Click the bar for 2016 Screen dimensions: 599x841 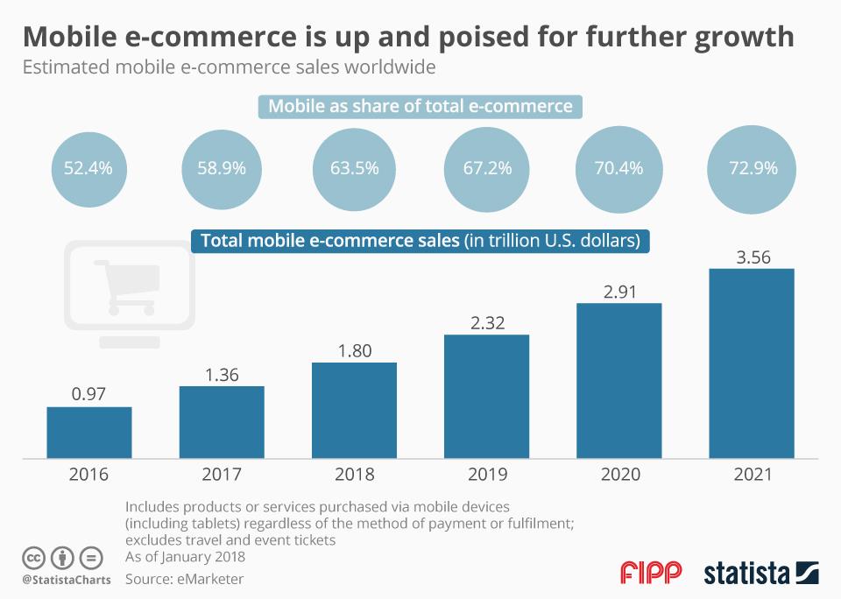(89, 433)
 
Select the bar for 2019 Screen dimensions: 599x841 (486, 397)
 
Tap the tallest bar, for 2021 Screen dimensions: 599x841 (751, 363)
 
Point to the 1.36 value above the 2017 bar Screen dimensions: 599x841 (222, 375)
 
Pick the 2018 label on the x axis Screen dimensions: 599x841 (354, 475)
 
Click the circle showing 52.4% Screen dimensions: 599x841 (88, 169)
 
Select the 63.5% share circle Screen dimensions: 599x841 (354, 169)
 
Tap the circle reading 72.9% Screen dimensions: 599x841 (753, 169)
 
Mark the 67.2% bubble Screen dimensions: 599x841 (487, 169)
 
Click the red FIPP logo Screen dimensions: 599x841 (651, 574)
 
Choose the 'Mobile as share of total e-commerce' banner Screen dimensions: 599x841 (420, 107)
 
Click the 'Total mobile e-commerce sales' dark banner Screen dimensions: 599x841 (420, 240)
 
